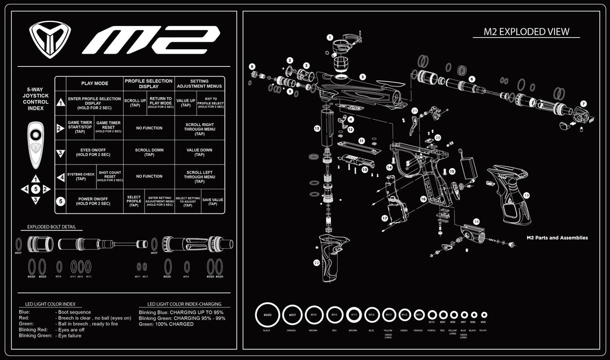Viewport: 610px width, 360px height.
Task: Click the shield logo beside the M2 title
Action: [x=50, y=40]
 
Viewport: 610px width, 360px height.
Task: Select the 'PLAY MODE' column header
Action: [x=94, y=84]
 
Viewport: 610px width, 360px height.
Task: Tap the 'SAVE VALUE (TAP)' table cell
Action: [x=212, y=201]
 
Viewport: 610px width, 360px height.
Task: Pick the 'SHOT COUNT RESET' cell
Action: [x=110, y=176]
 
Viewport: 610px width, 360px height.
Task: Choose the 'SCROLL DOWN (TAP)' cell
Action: [x=149, y=152]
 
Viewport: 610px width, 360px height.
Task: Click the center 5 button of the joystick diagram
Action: [x=36, y=189]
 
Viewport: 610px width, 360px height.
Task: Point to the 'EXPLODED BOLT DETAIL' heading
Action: [x=51, y=227]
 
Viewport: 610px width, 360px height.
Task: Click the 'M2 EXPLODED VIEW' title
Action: [x=526, y=32]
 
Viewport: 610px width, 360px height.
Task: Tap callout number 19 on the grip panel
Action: [x=526, y=195]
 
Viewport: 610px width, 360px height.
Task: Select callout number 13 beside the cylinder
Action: [x=317, y=129]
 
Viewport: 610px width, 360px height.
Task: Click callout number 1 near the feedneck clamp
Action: [x=330, y=37]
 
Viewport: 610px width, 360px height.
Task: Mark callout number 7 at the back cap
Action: [x=583, y=104]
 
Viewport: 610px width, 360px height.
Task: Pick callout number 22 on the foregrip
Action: [x=317, y=263]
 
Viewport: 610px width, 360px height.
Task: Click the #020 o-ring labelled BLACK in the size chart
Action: [x=268, y=314]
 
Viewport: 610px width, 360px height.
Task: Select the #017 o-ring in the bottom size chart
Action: [x=292, y=315]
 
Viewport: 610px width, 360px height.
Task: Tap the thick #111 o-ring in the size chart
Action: [x=354, y=315]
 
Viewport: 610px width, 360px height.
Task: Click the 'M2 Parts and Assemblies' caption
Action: [x=557, y=238]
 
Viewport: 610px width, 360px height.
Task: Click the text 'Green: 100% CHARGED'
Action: [x=166, y=324]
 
